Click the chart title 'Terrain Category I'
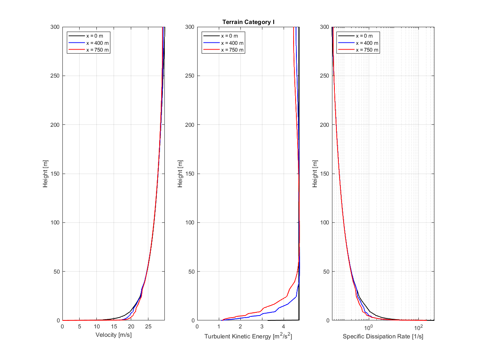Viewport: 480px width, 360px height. pyautogui.click(x=248, y=22)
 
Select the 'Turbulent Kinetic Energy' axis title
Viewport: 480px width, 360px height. pyautogui.click(x=248, y=336)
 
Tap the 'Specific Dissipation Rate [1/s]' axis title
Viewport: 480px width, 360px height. pyautogui.click(x=383, y=336)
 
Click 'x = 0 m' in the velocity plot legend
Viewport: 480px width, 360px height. pyautogui.click(x=94, y=36)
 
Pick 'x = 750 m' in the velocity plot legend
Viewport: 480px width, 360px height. pyautogui.click(x=97, y=50)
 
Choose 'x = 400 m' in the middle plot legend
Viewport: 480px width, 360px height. pyautogui.click(x=232, y=43)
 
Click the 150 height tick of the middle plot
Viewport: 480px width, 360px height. pyautogui.click(x=190, y=174)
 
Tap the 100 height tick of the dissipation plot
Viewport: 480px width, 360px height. pyautogui.click(x=324, y=222)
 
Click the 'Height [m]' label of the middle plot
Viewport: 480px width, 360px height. pyautogui.click(x=180, y=174)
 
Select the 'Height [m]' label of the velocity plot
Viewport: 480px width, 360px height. pyautogui.click(x=46, y=174)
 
